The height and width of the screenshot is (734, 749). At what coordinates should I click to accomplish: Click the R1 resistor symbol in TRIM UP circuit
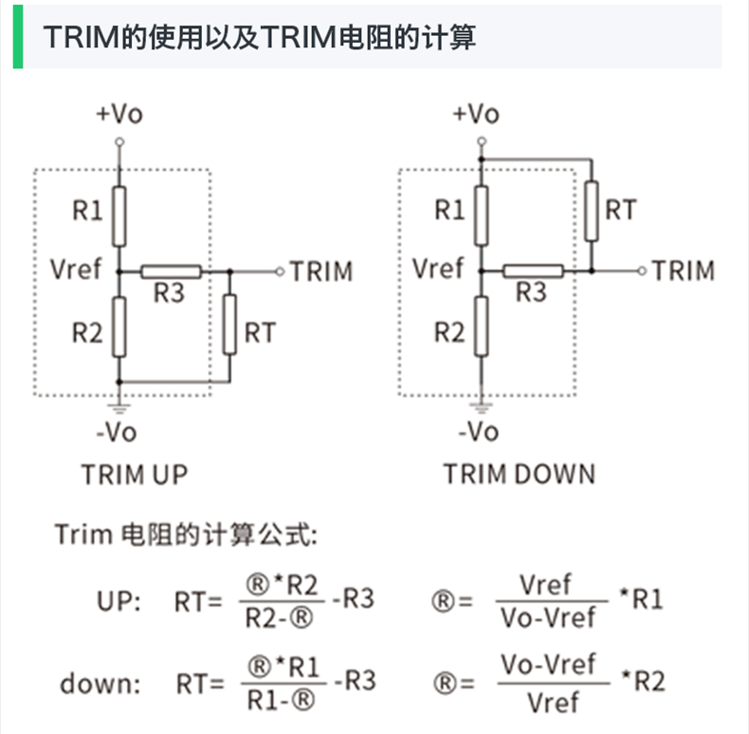coord(119,216)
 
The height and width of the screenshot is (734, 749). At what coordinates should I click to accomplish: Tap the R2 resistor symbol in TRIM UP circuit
coord(119,325)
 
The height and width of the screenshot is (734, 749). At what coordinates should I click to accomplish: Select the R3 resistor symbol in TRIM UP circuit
coord(171,272)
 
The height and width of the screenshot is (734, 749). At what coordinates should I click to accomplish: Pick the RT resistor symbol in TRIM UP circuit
coord(229,324)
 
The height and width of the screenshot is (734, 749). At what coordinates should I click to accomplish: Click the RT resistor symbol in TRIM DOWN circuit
coord(592,211)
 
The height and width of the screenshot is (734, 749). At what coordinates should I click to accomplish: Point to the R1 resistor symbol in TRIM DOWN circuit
coord(482,216)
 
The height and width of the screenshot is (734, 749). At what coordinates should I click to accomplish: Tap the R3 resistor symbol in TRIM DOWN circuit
coord(533,272)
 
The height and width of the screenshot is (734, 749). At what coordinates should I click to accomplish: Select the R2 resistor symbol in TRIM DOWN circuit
coord(482,325)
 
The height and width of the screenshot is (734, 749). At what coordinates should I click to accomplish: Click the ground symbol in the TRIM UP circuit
coord(119,407)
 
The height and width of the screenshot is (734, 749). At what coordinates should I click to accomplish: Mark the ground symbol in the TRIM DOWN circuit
coord(482,407)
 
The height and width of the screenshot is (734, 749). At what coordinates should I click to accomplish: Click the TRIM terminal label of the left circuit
coord(321,271)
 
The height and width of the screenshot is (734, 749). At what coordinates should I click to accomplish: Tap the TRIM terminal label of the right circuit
coord(684,271)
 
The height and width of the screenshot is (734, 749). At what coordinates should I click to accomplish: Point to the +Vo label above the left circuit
coord(119,115)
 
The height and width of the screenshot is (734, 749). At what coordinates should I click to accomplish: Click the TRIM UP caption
coord(135,473)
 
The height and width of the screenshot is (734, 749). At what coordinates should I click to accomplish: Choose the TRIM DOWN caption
coord(520,473)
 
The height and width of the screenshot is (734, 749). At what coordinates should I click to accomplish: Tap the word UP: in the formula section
coord(119,600)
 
